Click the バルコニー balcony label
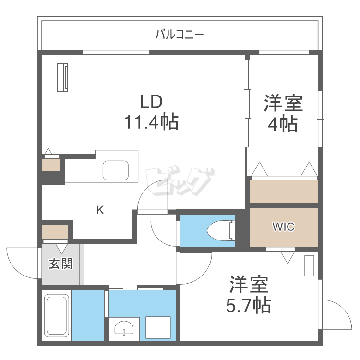tap(180, 35)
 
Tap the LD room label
tap(151, 102)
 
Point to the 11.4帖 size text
tap(151, 122)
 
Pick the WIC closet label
tap(283, 227)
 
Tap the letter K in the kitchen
tap(100, 210)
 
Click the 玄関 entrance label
tap(60, 264)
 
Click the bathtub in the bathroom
tap(57, 315)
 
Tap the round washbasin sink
tap(125, 330)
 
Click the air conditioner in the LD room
tap(62, 77)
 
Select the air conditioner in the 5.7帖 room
tap(309, 266)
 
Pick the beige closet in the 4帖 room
tap(284, 192)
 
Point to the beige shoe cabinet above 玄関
tap(55, 233)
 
